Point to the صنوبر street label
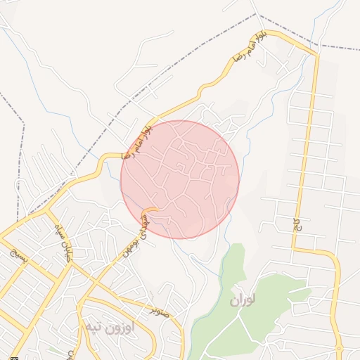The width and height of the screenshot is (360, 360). (160, 309)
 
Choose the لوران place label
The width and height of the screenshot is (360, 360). (242, 300)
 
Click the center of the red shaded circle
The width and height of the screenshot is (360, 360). (180, 179)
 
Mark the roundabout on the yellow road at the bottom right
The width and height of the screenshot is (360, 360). (340, 349)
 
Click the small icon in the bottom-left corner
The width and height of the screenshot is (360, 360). (5, 356)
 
